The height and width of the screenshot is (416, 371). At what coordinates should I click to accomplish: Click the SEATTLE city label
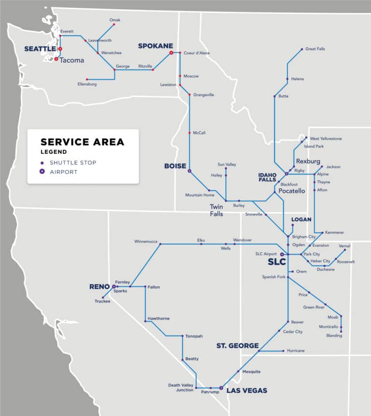pyautogui.click(x=40, y=49)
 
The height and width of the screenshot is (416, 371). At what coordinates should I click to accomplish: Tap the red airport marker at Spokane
pyautogui.click(x=171, y=53)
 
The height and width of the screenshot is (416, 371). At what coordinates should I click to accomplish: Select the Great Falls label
pyautogui.click(x=315, y=49)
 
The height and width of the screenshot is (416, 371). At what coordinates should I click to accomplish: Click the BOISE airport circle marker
pyautogui.click(x=189, y=171)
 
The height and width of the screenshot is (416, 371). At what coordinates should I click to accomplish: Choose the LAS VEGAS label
pyautogui.click(x=247, y=390)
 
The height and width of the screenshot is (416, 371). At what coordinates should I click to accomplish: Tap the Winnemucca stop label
pyautogui.click(x=146, y=241)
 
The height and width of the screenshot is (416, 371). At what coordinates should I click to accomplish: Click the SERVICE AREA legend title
pyautogui.click(x=82, y=142)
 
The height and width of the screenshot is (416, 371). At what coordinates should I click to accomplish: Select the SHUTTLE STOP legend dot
pyautogui.click(x=42, y=163)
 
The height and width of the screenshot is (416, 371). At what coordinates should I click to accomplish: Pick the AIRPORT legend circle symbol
pyautogui.click(x=42, y=172)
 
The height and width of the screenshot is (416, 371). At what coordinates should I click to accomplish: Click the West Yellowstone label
pyautogui.click(x=326, y=138)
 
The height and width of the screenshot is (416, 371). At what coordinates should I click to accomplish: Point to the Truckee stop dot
pyautogui.click(x=103, y=297)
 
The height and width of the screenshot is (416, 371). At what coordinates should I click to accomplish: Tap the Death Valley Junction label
pyautogui.click(x=181, y=388)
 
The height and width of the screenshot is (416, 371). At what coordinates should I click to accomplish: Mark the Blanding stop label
pyautogui.click(x=334, y=335)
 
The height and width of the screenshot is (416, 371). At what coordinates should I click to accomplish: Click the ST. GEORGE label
pyautogui.click(x=237, y=346)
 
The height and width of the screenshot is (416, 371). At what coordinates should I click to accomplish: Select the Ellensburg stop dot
pyautogui.click(x=87, y=80)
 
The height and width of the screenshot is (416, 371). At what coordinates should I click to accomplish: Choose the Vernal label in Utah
pyautogui.click(x=344, y=246)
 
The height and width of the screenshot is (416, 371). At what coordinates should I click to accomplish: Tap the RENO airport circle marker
pyautogui.click(x=114, y=286)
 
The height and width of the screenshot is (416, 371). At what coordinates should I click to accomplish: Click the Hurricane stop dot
pyautogui.click(x=283, y=351)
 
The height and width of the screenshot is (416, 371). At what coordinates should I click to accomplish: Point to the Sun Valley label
pyautogui.click(x=227, y=164)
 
